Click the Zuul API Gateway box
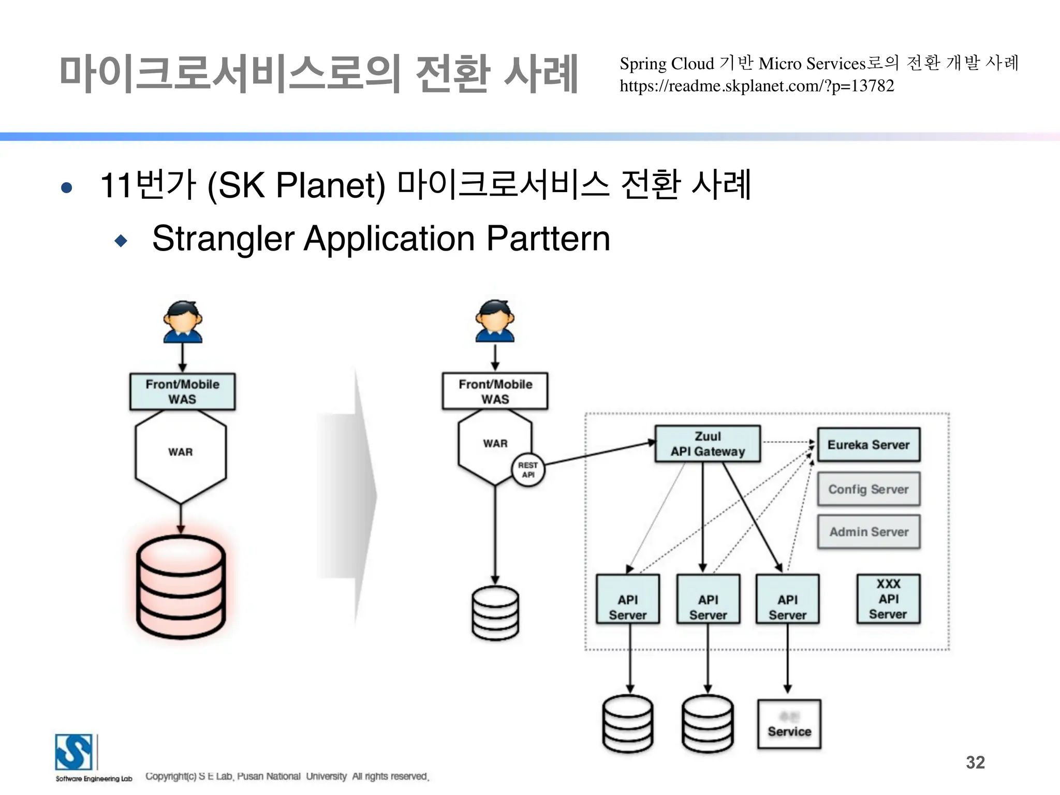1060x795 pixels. (x=708, y=444)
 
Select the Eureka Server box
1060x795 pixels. (x=868, y=445)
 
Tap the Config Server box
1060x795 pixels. (x=868, y=489)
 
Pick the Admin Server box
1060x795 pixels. (x=868, y=532)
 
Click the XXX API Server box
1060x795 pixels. (x=888, y=599)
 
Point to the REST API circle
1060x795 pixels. (x=528, y=470)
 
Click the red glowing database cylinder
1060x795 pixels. (x=181, y=586)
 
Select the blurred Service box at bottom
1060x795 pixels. (x=789, y=724)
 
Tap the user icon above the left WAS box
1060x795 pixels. (x=182, y=322)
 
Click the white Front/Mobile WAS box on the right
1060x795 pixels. (x=495, y=391)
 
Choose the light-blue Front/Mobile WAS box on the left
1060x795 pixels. (x=182, y=392)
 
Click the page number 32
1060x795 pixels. (x=975, y=762)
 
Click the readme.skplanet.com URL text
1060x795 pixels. (x=757, y=86)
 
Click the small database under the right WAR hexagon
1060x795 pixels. (x=495, y=613)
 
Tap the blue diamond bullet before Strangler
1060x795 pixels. (x=121, y=241)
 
